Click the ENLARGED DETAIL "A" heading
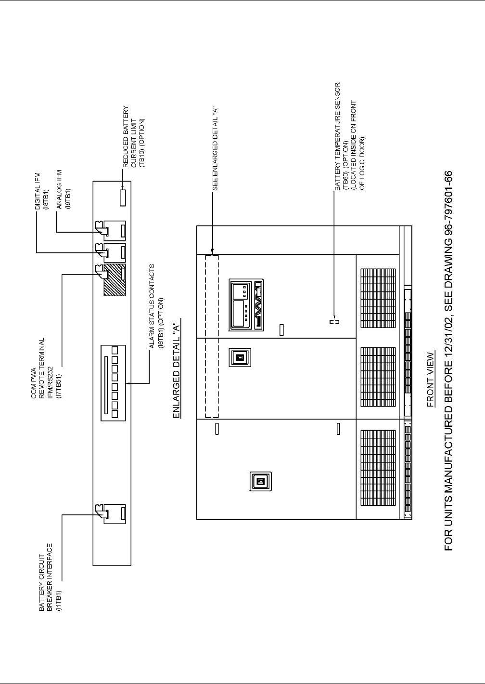click(x=177, y=369)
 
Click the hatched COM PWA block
click(x=115, y=280)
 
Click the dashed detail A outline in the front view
click(x=212, y=336)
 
